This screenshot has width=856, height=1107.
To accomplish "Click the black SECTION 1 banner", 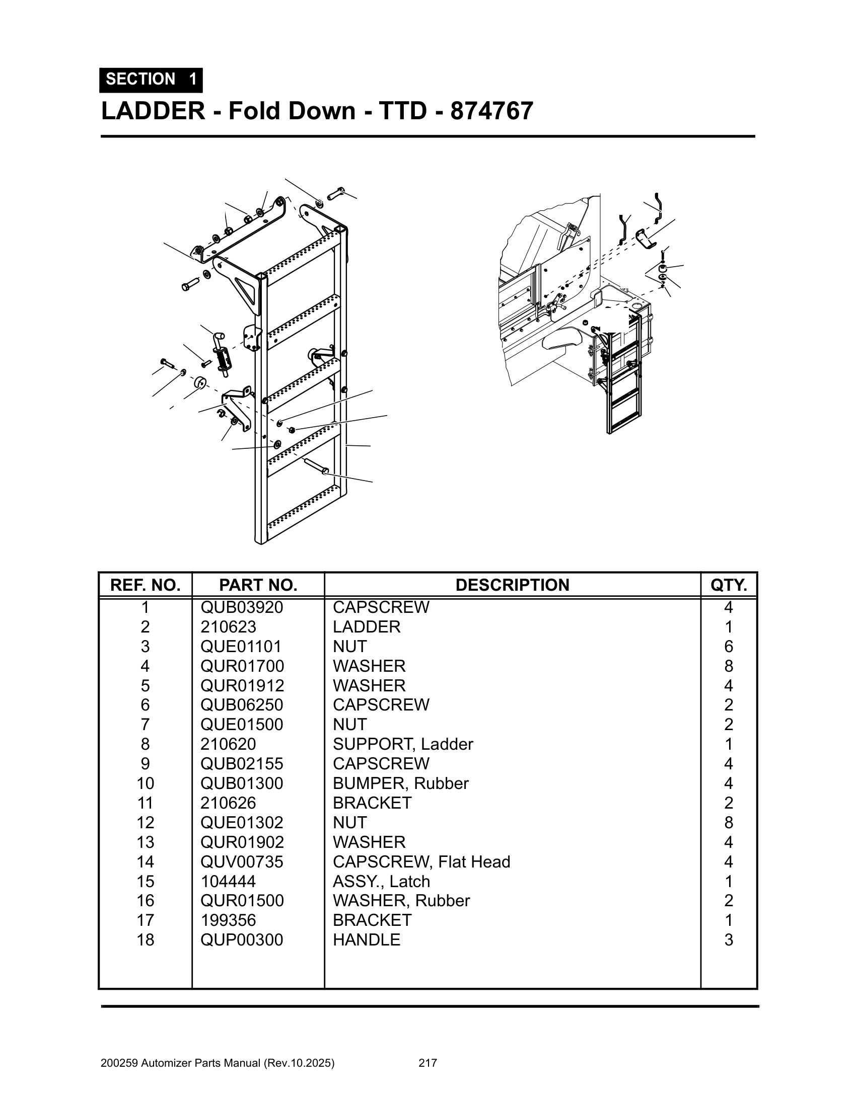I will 151,80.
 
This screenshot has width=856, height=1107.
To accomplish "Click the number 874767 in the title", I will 491,111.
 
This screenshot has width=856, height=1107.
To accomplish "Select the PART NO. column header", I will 258,585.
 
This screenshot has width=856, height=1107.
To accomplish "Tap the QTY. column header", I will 728,585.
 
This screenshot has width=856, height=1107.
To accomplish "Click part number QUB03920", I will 241,607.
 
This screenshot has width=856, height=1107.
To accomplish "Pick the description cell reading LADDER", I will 366,627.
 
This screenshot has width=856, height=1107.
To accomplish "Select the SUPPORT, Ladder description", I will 403,744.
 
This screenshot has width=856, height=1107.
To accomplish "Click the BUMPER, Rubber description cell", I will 401,783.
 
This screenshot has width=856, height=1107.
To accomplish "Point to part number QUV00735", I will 241,861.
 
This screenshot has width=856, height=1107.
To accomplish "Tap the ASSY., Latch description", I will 381,882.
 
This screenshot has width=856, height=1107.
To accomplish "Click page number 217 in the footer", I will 427,1063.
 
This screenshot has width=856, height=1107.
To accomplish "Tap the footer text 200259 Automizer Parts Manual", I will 218,1063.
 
